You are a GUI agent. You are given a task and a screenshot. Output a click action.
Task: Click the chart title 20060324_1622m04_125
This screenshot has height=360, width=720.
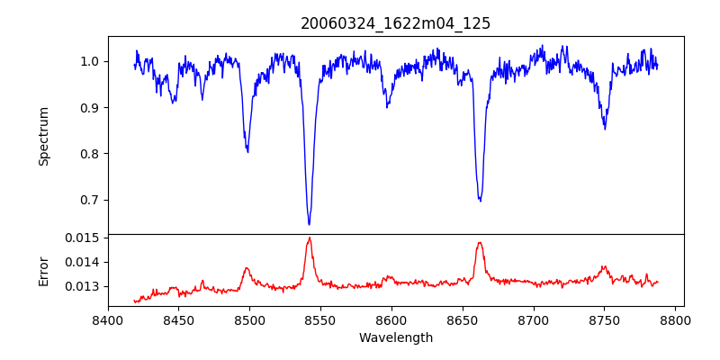(x=395, y=23)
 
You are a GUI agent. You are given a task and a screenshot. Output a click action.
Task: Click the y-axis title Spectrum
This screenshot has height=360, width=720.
(x=43, y=136)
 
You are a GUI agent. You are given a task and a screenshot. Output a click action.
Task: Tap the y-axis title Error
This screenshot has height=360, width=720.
(x=43, y=271)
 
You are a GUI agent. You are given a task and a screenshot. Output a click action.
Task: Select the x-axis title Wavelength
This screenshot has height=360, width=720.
(x=395, y=337)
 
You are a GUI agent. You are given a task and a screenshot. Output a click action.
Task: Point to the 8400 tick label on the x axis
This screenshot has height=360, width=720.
(x=108, y=320)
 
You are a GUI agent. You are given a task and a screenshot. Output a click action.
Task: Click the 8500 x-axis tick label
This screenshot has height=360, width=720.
(x=249, y=320)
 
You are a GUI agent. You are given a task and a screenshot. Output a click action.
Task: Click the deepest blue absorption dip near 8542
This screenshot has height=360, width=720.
(x=309, y=224)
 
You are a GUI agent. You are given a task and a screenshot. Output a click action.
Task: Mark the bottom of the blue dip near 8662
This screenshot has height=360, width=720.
(x=481, y=201)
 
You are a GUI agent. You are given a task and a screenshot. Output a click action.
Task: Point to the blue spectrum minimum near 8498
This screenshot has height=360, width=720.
(x=247, y=152)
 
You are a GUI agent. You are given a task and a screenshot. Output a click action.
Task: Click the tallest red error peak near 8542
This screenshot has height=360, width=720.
(x=310, y=238)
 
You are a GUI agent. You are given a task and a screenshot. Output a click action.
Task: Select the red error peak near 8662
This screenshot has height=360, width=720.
(x=480, y=242)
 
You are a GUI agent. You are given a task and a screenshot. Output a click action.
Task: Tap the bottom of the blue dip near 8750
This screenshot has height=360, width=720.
(x=605, y=129)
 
